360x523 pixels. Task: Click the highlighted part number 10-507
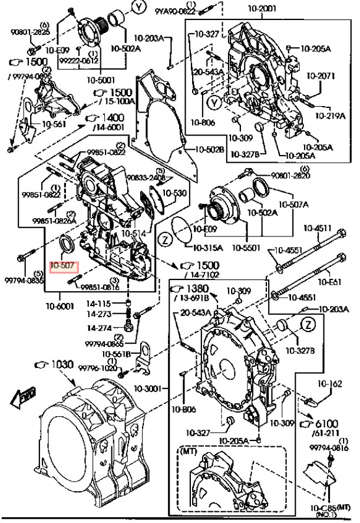coord(63,266)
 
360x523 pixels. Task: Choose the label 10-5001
coord(101,79)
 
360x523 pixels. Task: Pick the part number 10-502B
coord(209,150)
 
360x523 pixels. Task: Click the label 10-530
coord(174,193)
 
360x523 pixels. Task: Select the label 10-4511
coord(317,228)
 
